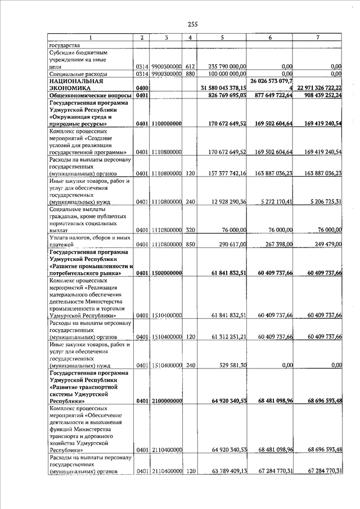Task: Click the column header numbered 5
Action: click(x=223, y=37)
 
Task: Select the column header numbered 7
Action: click(x=318, y=37)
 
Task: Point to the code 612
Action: click(x=190, y=66)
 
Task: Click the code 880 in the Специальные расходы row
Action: click(x=190, y=73)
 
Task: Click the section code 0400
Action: click(x=142, y=88)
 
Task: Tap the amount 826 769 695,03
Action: click(x=223, y=96)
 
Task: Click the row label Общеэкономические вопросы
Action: click(x=90, y=96)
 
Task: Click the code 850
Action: click(x=190, y=244)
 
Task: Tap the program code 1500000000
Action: click(x=166, y=273)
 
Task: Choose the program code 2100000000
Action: click(x=166, y=400)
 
